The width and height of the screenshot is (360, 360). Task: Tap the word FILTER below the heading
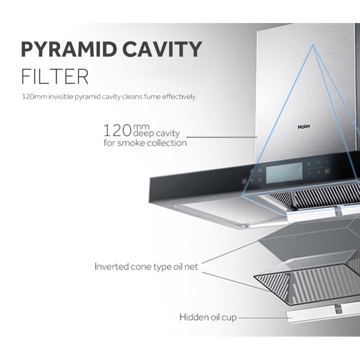click(55, 77)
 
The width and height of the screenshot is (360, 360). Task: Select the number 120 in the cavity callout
click(117, 131)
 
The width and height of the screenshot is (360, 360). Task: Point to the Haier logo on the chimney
click(303, 127)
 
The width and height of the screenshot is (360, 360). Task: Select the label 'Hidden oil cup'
click(208, 317)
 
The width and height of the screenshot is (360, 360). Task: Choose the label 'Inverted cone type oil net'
click(146, 267)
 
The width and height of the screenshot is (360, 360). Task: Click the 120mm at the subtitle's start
click(34, 97)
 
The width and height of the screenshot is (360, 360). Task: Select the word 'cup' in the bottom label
click(229, 318)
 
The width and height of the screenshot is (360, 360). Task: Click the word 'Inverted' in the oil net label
click(111, 267)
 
